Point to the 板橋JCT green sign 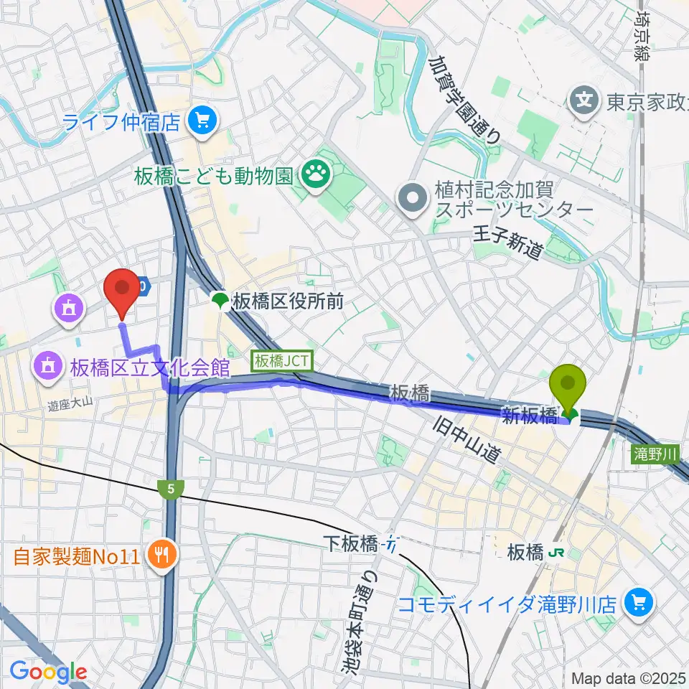pos(281,360)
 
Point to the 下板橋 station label pos(350,545)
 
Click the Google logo pos(48,672)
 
